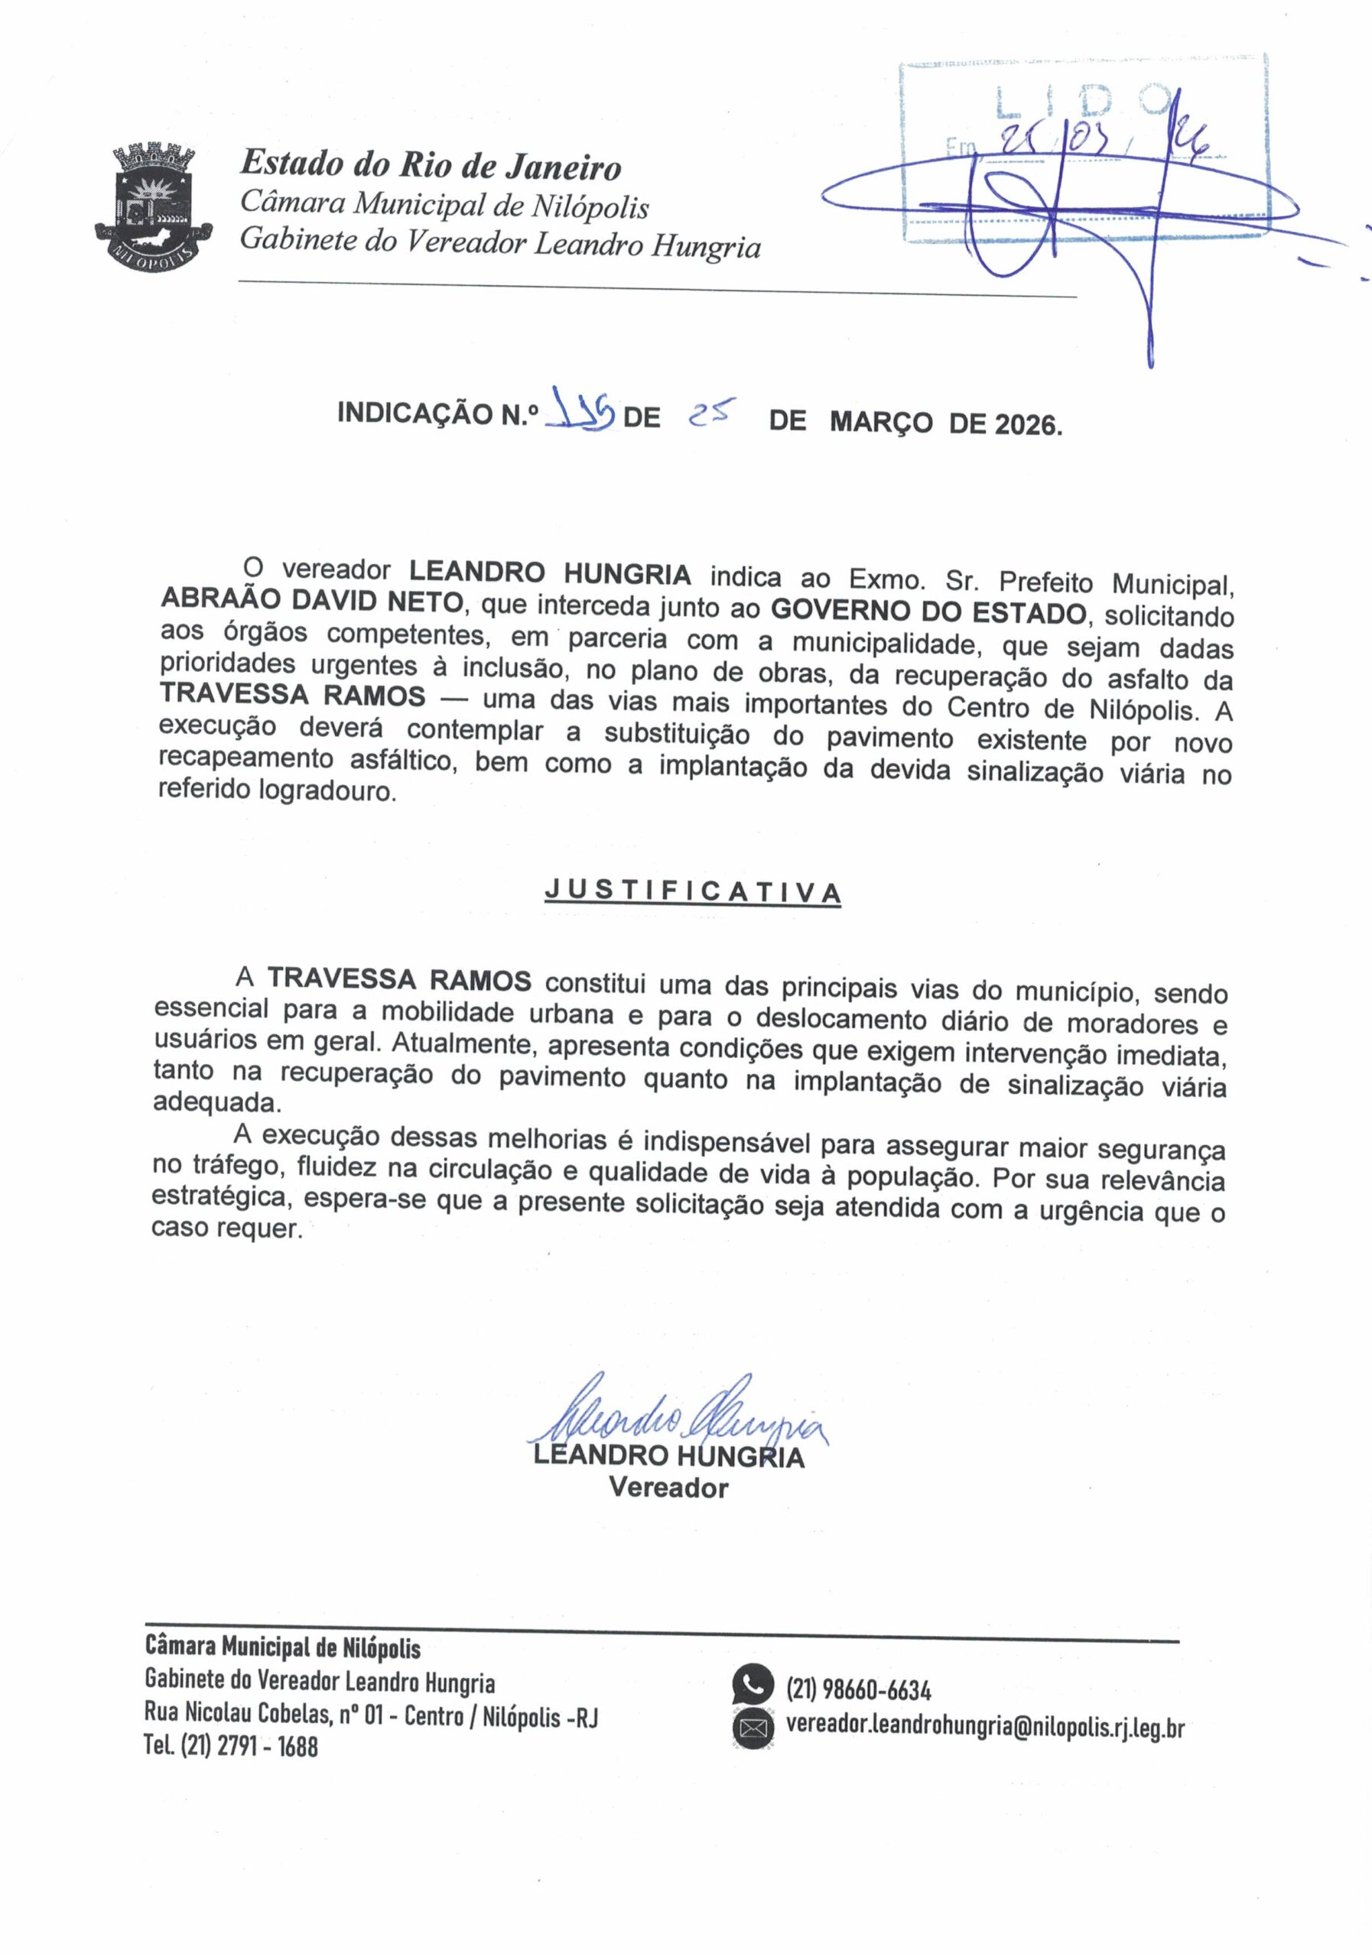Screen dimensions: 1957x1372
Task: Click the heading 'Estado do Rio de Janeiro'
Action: point(431,164)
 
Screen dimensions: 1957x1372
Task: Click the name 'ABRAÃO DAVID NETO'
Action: point(312,600)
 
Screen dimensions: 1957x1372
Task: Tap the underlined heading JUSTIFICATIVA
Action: point(692,891)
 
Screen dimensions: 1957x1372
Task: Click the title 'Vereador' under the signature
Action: point(668,1488)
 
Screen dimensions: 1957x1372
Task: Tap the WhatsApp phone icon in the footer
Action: point(753,1684)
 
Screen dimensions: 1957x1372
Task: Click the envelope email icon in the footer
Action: point(753,1727)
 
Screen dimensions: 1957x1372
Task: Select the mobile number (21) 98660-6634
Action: point(859,1689)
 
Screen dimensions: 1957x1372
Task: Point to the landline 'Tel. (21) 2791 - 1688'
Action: point(231,1747)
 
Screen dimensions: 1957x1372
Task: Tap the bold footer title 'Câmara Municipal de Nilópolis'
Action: point(283,1647)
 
